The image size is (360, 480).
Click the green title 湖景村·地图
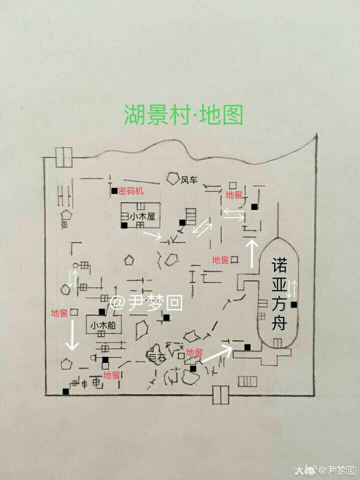183,114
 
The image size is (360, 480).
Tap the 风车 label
189,180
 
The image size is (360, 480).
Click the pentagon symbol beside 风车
173,178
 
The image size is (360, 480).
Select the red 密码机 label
131,191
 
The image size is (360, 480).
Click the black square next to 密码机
114,191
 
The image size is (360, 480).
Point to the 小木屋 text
142,217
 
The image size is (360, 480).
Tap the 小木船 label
103,325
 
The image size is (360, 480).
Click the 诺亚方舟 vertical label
279,294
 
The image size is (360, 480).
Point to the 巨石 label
157,357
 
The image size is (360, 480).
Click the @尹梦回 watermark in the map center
146,303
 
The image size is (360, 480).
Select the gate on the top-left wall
64,157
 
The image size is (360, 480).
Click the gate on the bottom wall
220,395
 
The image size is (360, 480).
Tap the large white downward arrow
72,335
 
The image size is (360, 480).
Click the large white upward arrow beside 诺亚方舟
252,253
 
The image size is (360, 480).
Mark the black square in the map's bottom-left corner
65,391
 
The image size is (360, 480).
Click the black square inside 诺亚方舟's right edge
294,304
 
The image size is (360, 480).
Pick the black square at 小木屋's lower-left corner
124,225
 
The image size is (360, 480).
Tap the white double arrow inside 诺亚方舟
293,289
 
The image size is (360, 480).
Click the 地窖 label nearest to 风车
233,195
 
